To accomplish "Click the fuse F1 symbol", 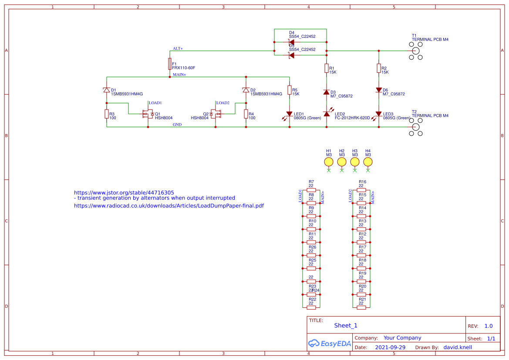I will pos(170,64).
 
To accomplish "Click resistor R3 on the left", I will pos(107,114).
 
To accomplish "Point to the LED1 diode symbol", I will pos(289,114).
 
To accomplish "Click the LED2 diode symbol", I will pos(327,114).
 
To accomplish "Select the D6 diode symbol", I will pos(379,90).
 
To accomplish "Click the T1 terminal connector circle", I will pos(415,50).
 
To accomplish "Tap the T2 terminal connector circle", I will pos(415,127).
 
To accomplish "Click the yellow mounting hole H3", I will pos(355,162).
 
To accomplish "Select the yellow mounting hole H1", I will pos(329,162).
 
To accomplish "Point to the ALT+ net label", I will pos(178,48).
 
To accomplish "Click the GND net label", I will pos(177,124).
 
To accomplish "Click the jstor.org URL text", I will pos(124,192).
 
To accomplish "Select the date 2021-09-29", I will pos(390,347).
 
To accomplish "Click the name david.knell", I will pos(458,347).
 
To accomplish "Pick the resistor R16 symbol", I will pos(361,190).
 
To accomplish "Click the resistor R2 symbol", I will pos(379,68).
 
